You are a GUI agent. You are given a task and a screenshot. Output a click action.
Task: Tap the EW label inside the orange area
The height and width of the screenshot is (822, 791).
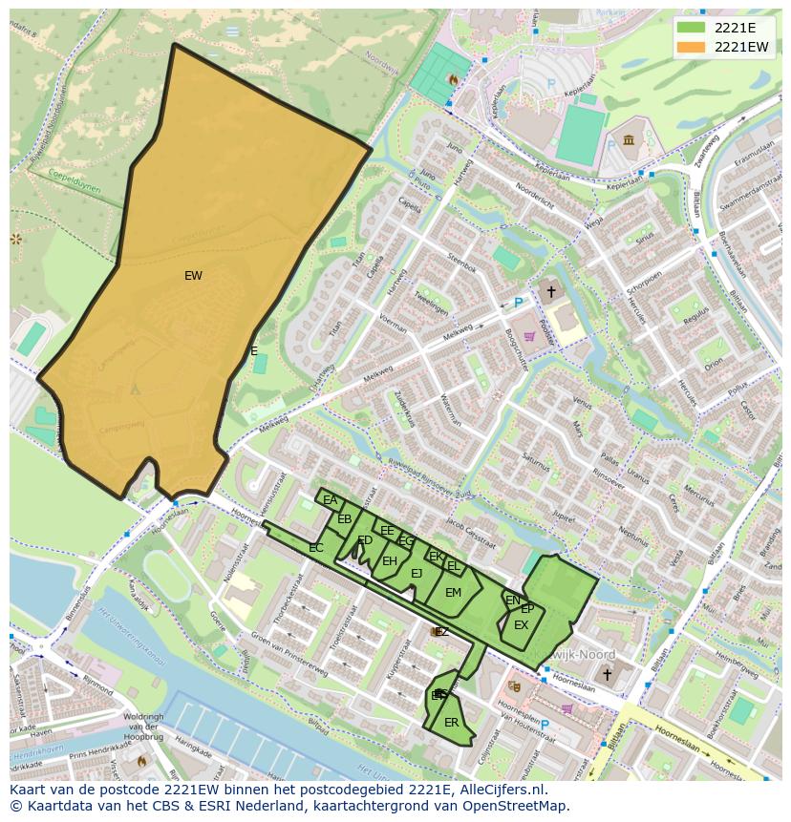(193, 276)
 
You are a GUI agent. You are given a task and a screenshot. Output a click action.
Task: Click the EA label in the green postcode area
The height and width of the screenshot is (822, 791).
(330, 500)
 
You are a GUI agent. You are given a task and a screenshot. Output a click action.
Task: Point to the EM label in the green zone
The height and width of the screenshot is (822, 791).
(453, 593)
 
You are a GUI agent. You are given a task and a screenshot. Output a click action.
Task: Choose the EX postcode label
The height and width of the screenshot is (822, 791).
(521, 625)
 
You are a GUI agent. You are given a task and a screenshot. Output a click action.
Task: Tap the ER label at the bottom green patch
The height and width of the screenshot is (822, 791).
(451, 723)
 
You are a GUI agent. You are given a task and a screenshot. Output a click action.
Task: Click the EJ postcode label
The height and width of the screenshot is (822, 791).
(417, 574)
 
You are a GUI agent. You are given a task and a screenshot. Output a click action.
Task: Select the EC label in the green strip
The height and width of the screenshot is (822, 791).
(315, 548)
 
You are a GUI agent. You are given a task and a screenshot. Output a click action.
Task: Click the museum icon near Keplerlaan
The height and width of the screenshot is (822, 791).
(629, 141)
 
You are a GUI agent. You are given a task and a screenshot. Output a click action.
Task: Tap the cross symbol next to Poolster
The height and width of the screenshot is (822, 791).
(550, 289)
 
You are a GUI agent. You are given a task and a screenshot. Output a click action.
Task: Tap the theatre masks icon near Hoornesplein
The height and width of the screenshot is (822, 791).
(514, 685)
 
